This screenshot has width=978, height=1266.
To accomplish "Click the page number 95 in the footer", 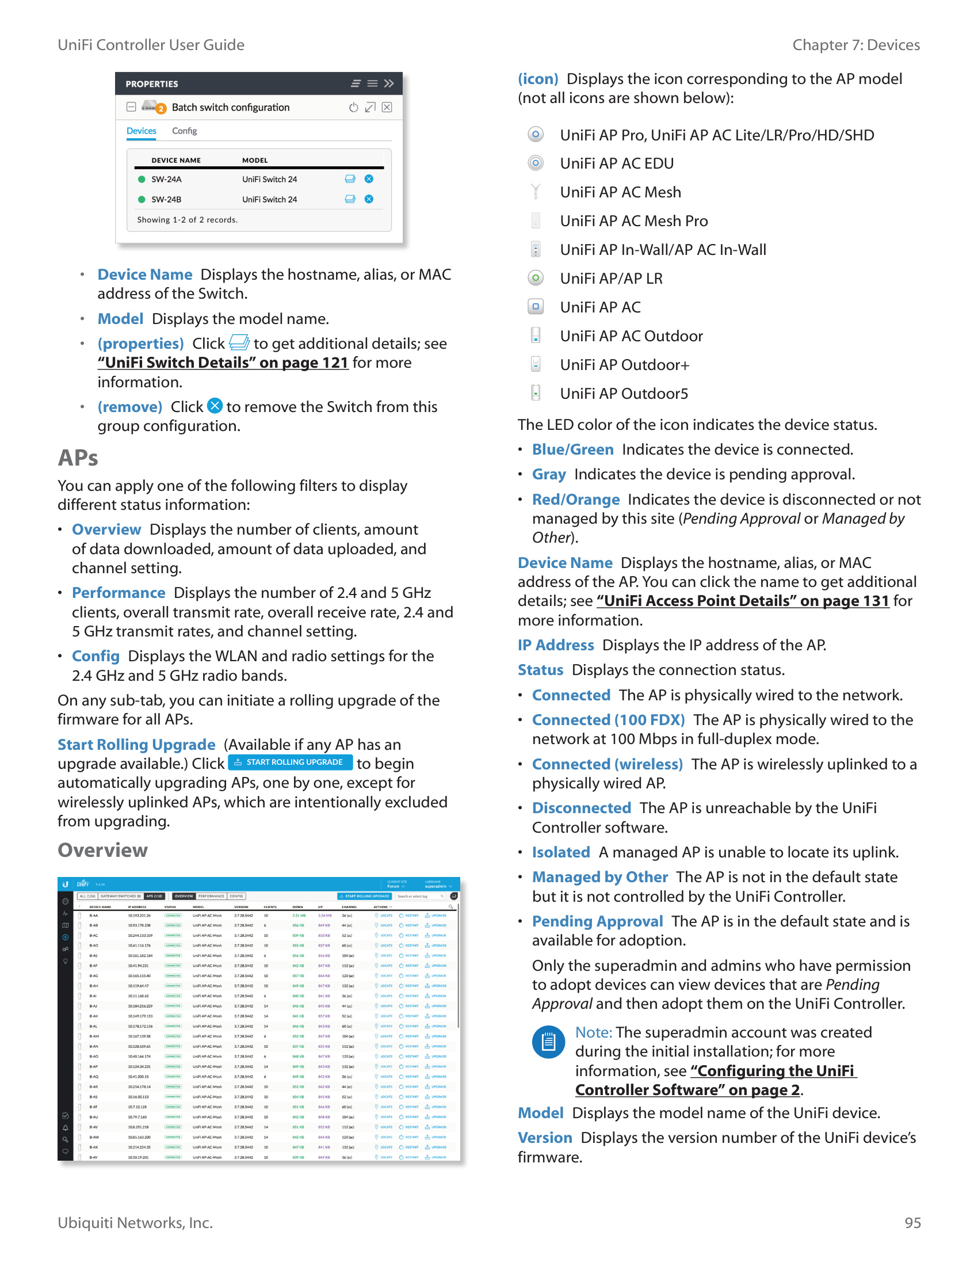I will click(x=912, y=1222).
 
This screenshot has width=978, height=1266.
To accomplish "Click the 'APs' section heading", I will click(x=78, y=458).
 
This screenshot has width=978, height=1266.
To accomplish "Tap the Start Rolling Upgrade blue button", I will click(x=290, y=762).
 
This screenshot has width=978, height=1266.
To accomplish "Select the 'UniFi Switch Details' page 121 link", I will click(x=223, y=363).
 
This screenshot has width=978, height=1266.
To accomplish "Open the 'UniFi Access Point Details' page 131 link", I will click(x=742, y=601).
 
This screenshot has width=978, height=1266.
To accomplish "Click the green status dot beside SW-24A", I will click(x=142, y=179).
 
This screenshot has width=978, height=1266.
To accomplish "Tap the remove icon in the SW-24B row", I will click(x=369, y=199).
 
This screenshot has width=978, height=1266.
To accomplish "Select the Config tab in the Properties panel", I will click(x=184, y=131).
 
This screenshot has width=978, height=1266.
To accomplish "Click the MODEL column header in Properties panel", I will click(x=255, y=161).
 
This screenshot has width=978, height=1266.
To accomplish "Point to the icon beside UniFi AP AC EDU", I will click(x=536, y=163).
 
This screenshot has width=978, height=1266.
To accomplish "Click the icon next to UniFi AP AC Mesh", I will click(x=536, y=192).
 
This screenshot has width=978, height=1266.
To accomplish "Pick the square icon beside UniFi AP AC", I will click(x=536, y=307).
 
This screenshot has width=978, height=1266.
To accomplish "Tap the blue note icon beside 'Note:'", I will click(x=548, y=1042).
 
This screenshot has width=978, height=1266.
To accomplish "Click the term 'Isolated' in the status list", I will click(x=560, y=852).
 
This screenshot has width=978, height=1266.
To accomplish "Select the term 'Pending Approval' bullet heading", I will click(x=597, y=921).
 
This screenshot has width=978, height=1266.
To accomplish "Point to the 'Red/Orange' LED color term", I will click(x=575, y=499).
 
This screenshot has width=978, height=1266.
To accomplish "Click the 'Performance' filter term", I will click(x=118, y=593).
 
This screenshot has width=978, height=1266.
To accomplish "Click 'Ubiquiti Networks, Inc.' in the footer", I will click(x=135, y=1222).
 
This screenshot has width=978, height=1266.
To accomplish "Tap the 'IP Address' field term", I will click(x=555, y=645).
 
